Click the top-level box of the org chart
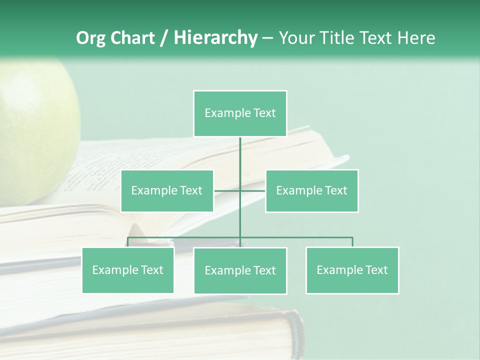pos(240,113)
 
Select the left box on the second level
pos(167,190)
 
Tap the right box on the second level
pos(311,190)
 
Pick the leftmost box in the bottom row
pos(128,270)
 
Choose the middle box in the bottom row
pos(240,270)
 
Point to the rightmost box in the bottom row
pos(352,270)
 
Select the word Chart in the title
pos(132,38)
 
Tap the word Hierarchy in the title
pos(215,38)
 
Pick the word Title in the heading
pos(337,38)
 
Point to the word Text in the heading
pos(376,38)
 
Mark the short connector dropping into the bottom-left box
pos(128,242)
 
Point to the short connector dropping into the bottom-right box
pos(352,242)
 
